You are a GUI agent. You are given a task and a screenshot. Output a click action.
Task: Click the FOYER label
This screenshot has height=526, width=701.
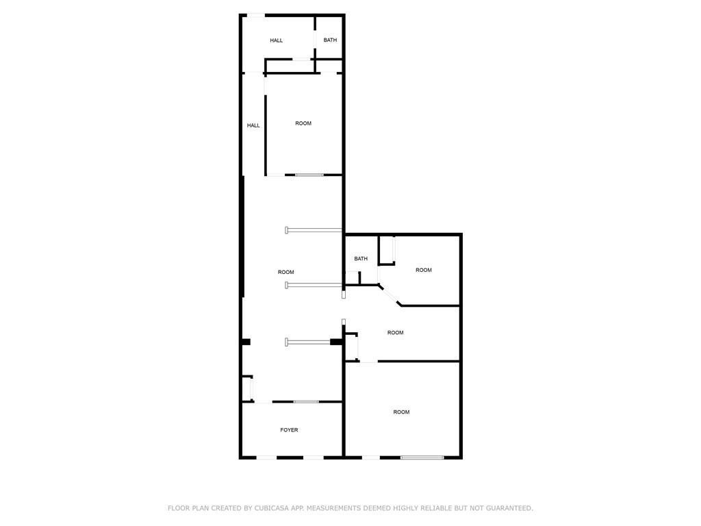[289, 430]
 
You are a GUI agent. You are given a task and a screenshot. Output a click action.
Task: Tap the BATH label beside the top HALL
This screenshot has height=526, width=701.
[330, 40]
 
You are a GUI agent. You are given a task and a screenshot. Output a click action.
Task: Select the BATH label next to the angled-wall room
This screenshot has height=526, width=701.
[361, 258]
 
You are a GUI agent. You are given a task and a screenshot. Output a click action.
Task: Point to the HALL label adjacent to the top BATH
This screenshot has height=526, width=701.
[277, 40]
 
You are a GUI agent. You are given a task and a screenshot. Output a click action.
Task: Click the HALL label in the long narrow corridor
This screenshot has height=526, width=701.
[253, 125]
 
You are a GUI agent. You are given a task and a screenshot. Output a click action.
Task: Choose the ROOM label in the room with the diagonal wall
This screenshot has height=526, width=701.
[423, 270]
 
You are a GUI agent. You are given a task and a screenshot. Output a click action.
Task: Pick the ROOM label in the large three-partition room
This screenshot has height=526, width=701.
[285, 272]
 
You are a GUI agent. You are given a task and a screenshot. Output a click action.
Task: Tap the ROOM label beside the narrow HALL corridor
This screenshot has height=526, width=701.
[303, 123]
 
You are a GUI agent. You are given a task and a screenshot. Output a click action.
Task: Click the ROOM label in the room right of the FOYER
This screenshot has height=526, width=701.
[401, 412]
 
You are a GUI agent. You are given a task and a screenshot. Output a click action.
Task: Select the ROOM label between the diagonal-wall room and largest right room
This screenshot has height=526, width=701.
[395, 332]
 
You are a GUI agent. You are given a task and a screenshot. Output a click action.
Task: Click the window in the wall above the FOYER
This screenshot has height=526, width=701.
[306, 401]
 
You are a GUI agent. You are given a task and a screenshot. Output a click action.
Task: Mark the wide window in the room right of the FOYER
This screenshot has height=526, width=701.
[422, 457]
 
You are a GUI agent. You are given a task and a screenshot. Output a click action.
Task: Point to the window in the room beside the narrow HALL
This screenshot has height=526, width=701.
[309, 175]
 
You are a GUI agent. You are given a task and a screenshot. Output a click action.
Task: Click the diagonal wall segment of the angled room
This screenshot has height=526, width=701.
[390, 295]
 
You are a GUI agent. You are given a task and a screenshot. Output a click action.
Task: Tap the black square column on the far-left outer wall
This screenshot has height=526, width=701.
[246, 342]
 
